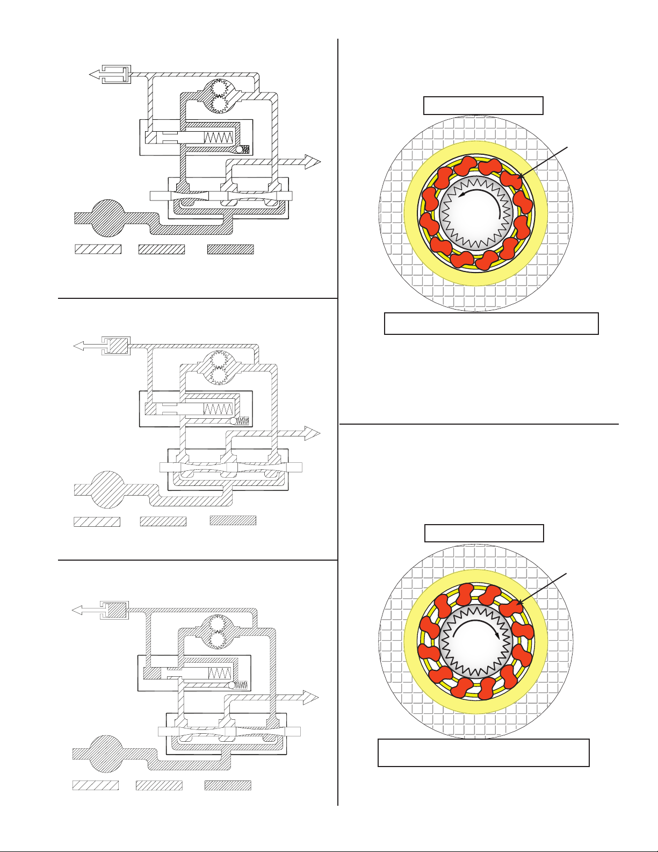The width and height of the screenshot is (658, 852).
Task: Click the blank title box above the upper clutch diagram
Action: click(483, 105)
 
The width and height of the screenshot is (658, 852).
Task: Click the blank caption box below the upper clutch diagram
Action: click(491, 324)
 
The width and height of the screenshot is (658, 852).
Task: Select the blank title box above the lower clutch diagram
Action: click(484, 533)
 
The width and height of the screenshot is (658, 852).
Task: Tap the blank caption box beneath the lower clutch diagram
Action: click(483, 753)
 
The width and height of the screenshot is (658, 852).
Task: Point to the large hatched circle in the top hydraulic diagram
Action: click(108, 218)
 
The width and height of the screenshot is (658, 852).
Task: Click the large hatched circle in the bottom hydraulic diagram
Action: click(106, 753)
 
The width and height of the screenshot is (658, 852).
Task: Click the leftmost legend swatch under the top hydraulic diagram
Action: click(98, 249)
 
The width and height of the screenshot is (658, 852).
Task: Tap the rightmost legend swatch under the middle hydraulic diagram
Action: click(233, 520)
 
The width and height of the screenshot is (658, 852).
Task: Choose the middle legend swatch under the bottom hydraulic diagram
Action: click(159, 785)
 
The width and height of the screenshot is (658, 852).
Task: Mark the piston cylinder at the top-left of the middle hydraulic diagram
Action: click(116, 346)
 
